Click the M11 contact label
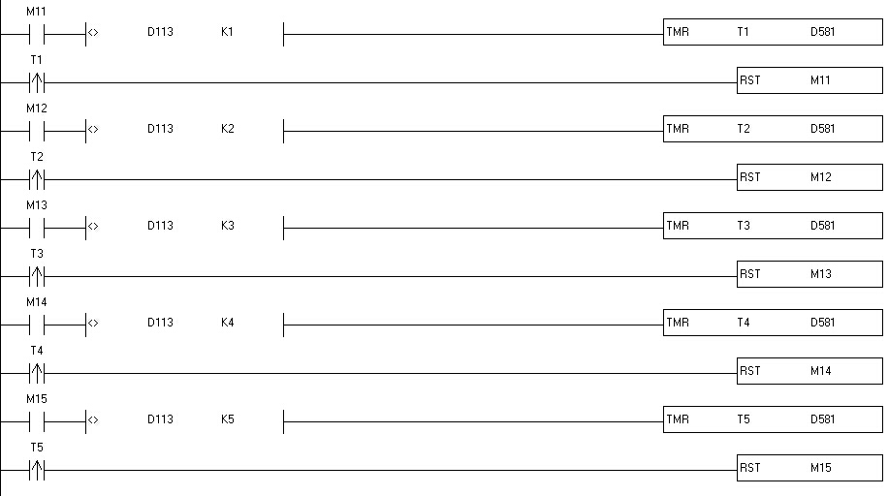pyautogui.click(x=37, y=12)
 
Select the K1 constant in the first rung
pyautogui.click(x=227, y=32)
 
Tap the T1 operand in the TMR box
pyautogui.click(x=744, y=32)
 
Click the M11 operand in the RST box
pyautogui.click(x=821, y=80)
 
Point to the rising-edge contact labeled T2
pyautogui.click(x=37, y=178)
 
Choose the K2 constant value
pyautogui.click(x=227, y=129)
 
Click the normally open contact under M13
pyautogui.click(x=37, y=227)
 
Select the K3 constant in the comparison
pyautogui.click(x=227, y=226)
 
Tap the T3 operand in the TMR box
pyautogui.click(x=744, y=226)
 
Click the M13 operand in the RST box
pyautogui.click(x=821, y=274)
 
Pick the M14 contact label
pyautogui.click(x=37, y=302)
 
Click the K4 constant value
pyautogui.click(x=227, y=323)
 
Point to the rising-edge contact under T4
pyautogui.click(x=37, y=372)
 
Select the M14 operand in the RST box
pyautogui.click(x=821, y=371)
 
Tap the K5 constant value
pyautogui.click(x=227, y=419)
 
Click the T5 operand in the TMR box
pyautogui.click(x=744, y=419)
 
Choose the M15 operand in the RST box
pyautogui.click(x=821, y=468)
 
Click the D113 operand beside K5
pyautogui.click(x=160, y=419)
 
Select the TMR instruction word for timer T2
pyautogui.click(x=678, y=129)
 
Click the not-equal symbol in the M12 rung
pyautogui.click(x=93, y=129)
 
